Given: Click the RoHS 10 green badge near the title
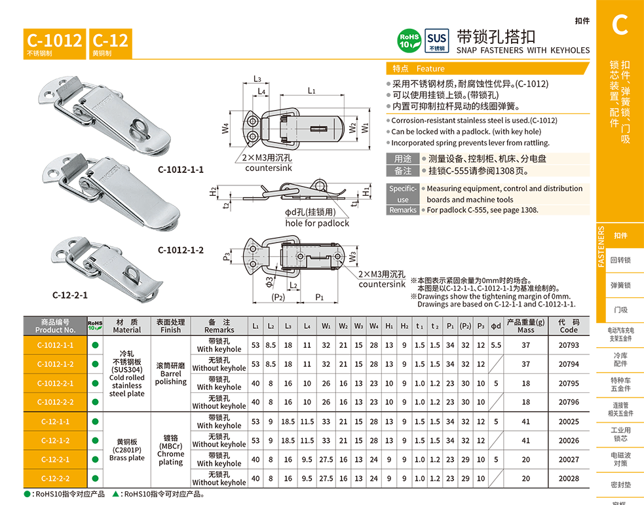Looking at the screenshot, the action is click(409, 41).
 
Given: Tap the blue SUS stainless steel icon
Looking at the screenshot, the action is click(436, 41).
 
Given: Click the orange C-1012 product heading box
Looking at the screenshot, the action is click(54, 43).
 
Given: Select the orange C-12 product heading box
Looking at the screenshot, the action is click(111, 43).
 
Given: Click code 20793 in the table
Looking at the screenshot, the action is click(569, 345).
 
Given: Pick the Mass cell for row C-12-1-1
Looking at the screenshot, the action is click(525, 422).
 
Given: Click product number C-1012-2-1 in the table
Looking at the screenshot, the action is click(55, 383).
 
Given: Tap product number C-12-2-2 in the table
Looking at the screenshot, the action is click(55, 478).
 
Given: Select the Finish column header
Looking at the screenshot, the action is click(170, 326).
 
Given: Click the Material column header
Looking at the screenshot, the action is click(127, 326).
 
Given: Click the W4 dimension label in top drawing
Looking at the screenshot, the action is click(225, 128).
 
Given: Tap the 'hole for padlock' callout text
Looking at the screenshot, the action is click(317, 223).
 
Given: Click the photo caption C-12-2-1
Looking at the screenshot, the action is click(70, 295).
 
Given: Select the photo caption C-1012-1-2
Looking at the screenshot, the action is click(181, 250).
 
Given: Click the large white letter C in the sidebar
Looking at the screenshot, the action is click(620, 25).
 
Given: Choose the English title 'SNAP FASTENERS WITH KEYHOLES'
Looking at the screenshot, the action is click(523, 50).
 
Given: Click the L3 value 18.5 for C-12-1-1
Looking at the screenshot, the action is click(288, 422).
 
